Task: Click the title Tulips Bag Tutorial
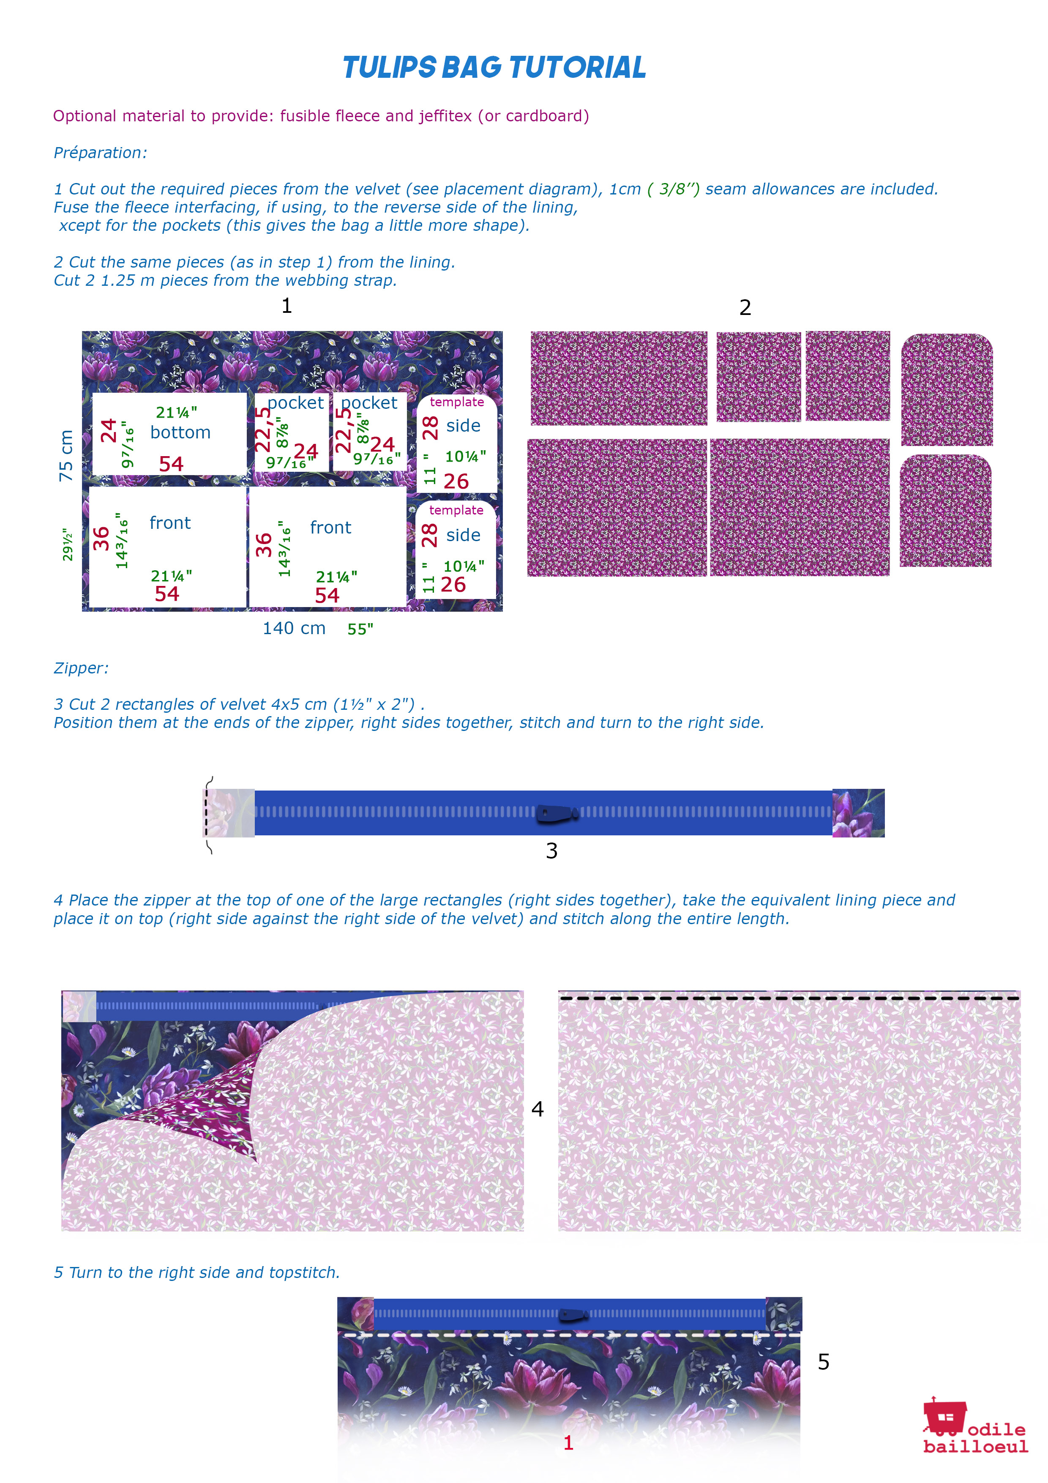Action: click(494, 67)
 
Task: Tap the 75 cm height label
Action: click(66, 455)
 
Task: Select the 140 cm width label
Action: click(294, 628)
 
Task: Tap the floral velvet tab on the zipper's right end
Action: click(857, 813)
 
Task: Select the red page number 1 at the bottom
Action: click(568, 1443)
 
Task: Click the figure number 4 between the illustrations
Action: click(537, 1109)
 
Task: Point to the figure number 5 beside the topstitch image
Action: click(823, 1362)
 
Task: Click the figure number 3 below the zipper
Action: click(551, 851)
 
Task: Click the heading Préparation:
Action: click(100, 153)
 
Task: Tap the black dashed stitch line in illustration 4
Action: click(788, 998)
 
